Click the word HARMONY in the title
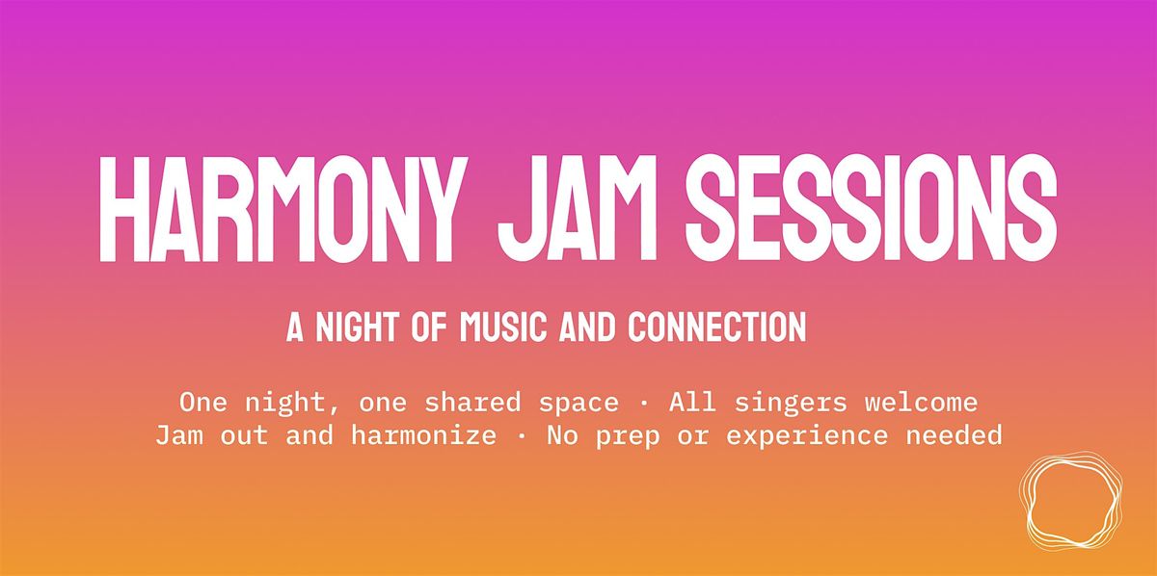tap(283, 208)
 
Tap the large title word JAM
tap(578, 208)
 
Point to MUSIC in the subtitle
tap(503, 327)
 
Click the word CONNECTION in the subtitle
tap(717, 327)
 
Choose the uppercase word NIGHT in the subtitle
tap(357, 327)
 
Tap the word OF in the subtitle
tap(429, 327)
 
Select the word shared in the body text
tap(472, 402)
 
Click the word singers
tap(791, 403)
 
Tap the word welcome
tap(921, 402)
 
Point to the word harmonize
tap(423, 434)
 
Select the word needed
tap(954, 434)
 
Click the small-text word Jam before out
tap(179, 435)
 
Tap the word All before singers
tap(692, 402)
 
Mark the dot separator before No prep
tap(522, 436)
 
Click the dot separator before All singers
tap(644, 404)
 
